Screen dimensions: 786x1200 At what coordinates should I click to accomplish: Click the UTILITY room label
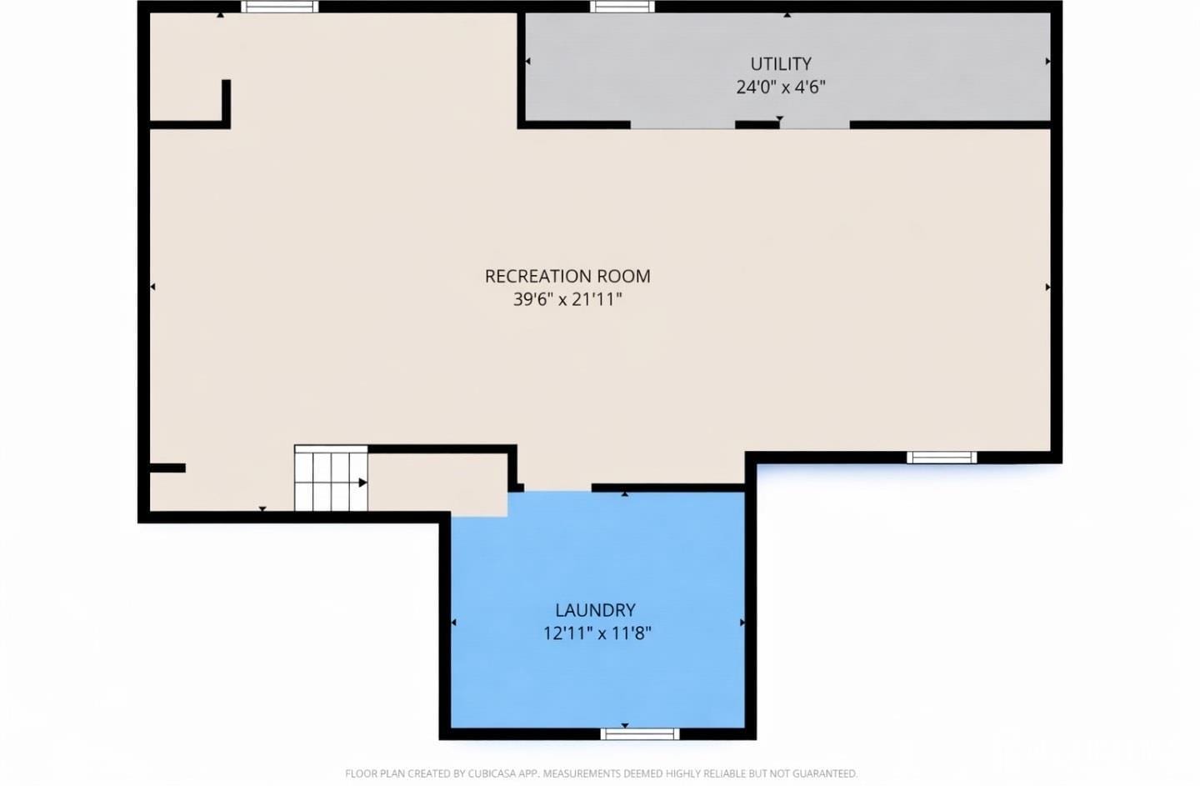tap(780, 63)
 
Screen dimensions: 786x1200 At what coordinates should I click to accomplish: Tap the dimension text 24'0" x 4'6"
tap(780, 87)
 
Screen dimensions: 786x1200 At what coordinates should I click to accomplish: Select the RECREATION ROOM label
tap(567, 276)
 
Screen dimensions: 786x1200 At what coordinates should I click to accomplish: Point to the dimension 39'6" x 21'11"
tap(567, 299)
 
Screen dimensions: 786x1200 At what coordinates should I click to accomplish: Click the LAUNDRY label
tap(595, 610)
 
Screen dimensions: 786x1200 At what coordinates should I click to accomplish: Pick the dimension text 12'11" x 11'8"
tap(597, 633)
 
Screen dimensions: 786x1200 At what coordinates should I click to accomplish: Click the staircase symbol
tap(330, 478)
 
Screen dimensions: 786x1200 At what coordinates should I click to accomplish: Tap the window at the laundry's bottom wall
tap(639, 733)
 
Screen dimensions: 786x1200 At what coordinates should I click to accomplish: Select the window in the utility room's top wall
tap(622, 7)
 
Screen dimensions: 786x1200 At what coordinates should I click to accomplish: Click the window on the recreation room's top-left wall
tap(279, 7)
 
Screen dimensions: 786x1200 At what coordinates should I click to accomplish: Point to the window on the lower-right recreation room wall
tap(941, 457)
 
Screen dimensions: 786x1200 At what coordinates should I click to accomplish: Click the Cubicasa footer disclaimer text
tap(601, 773)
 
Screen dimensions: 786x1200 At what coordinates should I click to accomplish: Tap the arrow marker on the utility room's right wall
tap(1047, 61)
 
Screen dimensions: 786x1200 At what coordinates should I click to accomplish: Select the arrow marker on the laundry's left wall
tap(453, 622)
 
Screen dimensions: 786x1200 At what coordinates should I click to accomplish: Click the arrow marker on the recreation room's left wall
tap(152, 287)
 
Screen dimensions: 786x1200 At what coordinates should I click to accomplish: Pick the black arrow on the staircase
tap(362, 483)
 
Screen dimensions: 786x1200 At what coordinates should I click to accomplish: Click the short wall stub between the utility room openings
tap(757, 125)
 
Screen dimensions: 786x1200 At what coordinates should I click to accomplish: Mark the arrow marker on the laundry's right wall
tap(742, 622)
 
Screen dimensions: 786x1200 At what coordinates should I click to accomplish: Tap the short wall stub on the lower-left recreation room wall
tap(167, 468)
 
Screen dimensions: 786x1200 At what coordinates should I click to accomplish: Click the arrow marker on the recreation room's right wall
tap(1047, 287)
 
